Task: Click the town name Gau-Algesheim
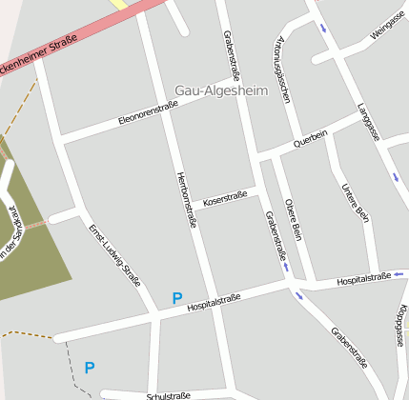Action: click(216, 90)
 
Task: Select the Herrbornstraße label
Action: click(187, 199)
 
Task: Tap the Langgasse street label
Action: click(369, 122)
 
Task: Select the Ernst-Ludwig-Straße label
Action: click(114, 255)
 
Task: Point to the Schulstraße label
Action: click(169, 394)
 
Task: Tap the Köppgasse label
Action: click(403, 329)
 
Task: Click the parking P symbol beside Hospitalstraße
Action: click(176, 298)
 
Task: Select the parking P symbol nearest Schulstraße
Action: click(90, 367)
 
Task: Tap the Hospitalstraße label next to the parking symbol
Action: click(214, 303)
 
